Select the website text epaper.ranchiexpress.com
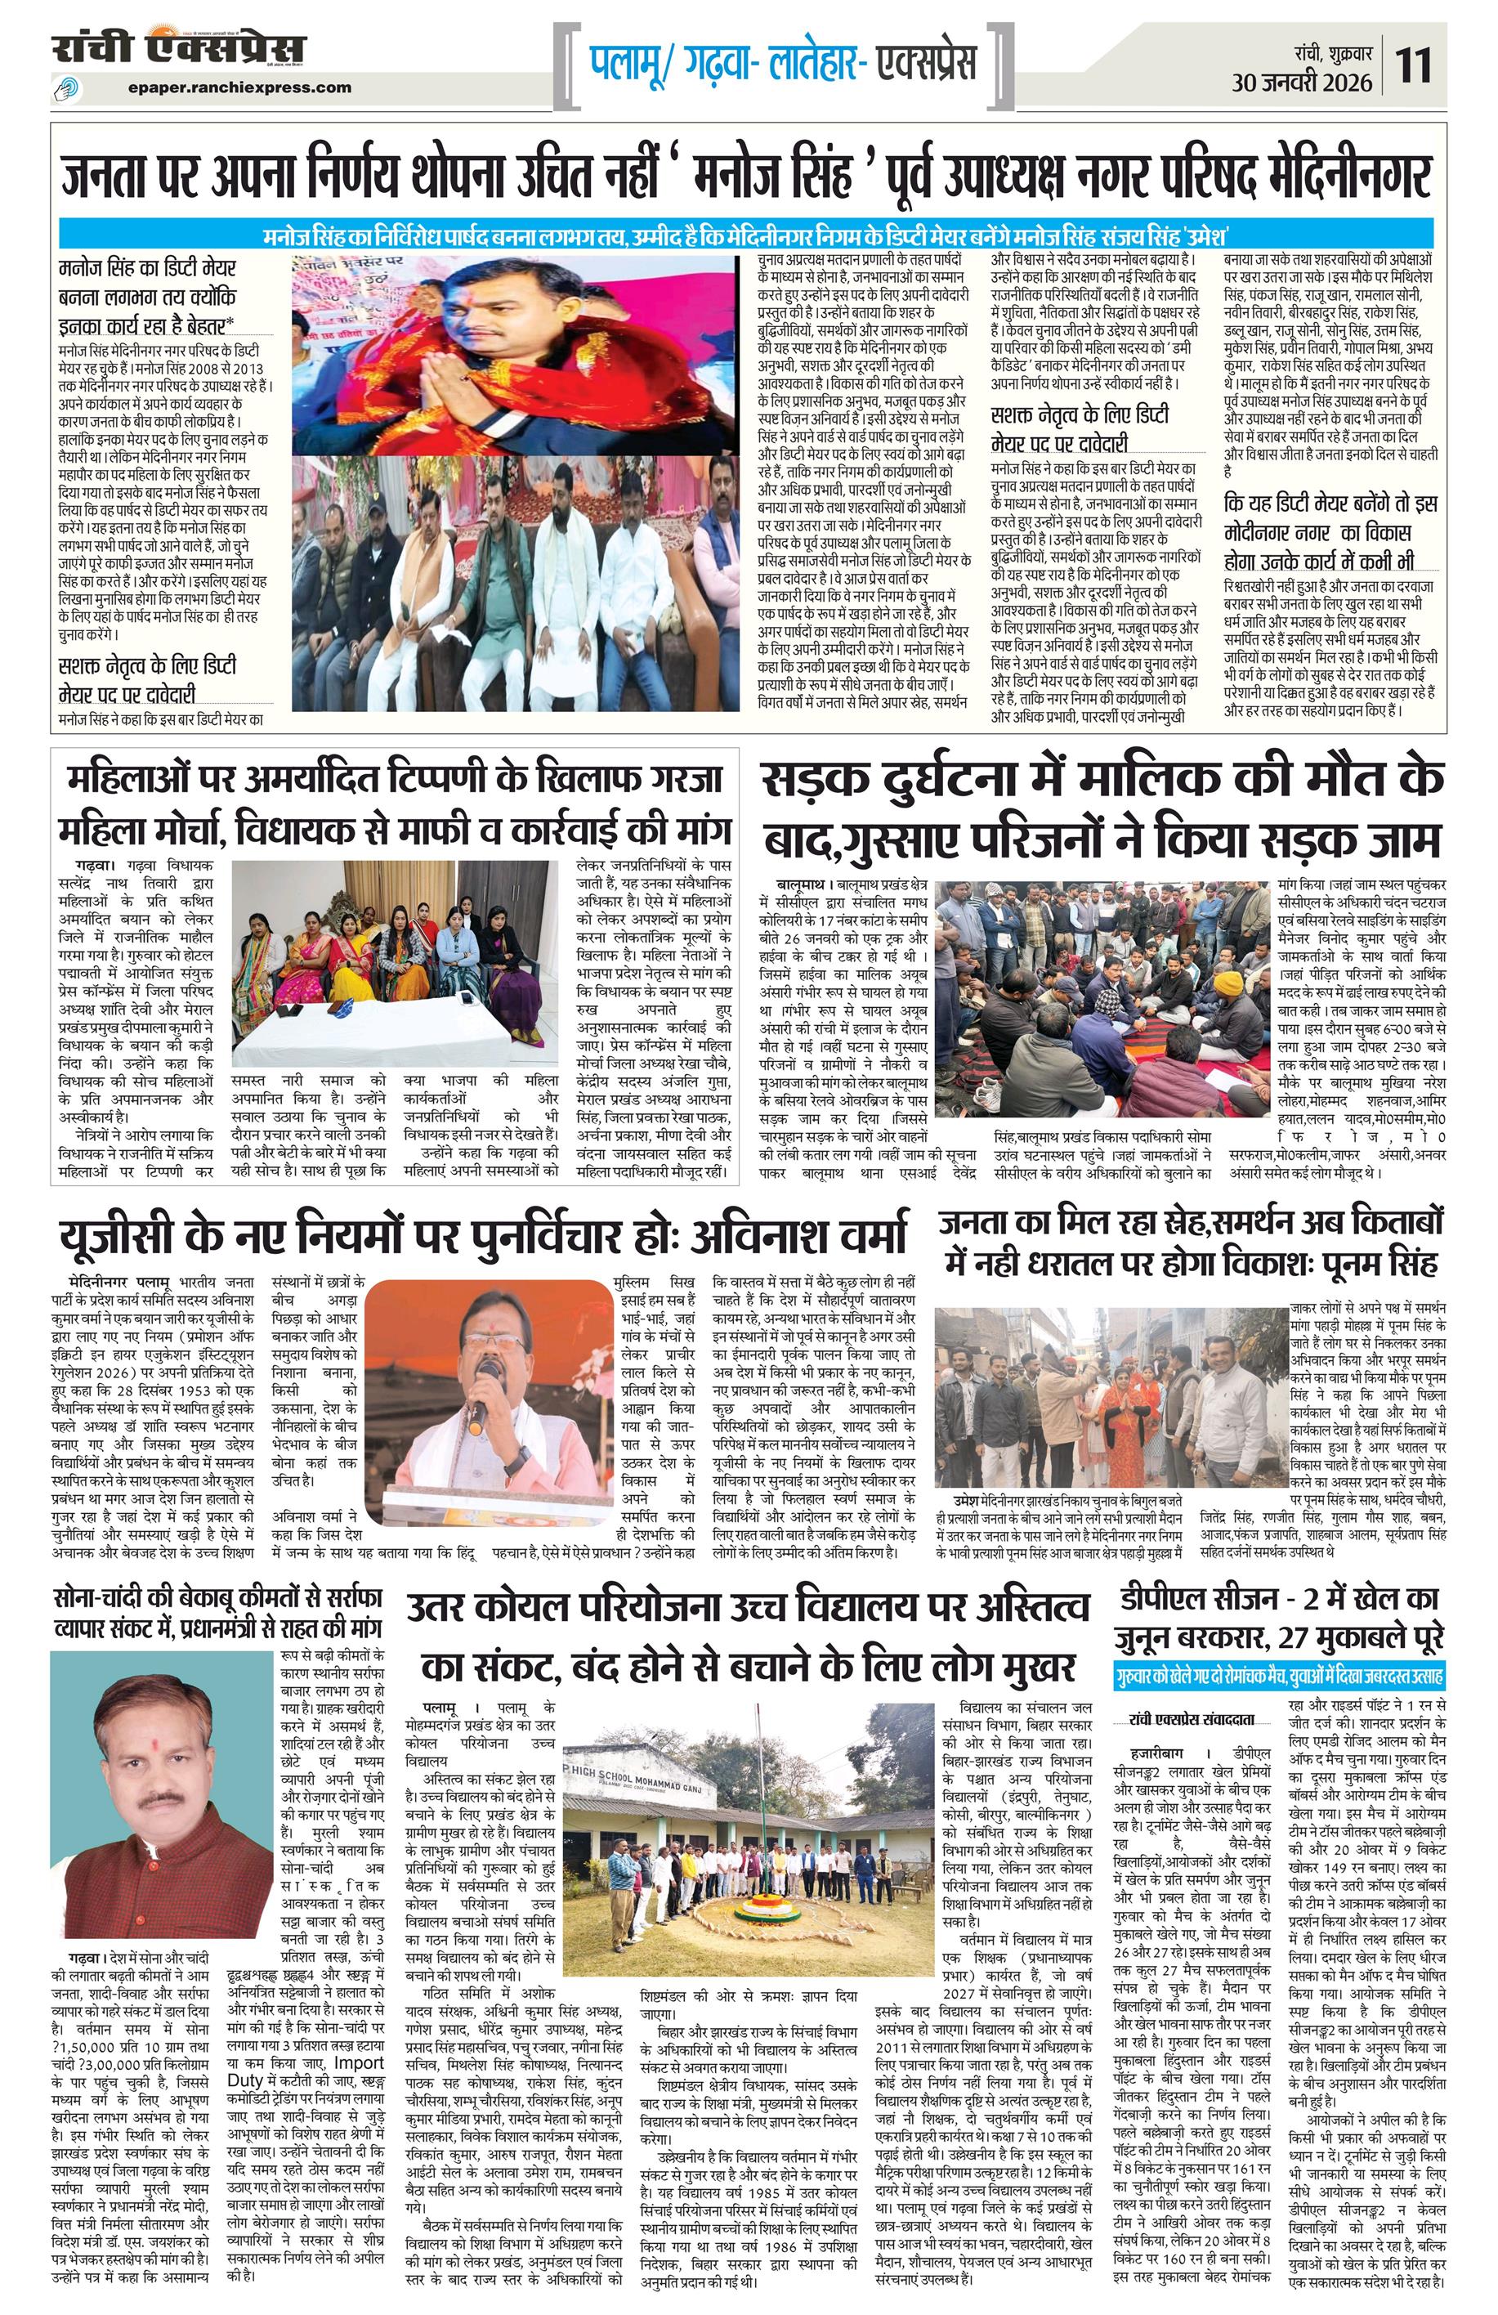point(239,87)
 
